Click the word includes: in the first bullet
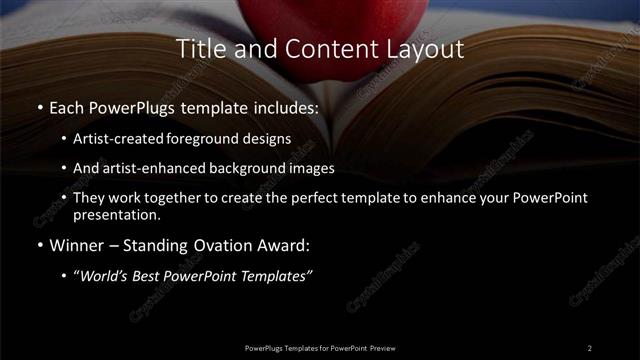284,107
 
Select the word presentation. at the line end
116,214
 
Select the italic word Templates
278,276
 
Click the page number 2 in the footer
590,348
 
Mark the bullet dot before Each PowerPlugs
38,107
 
